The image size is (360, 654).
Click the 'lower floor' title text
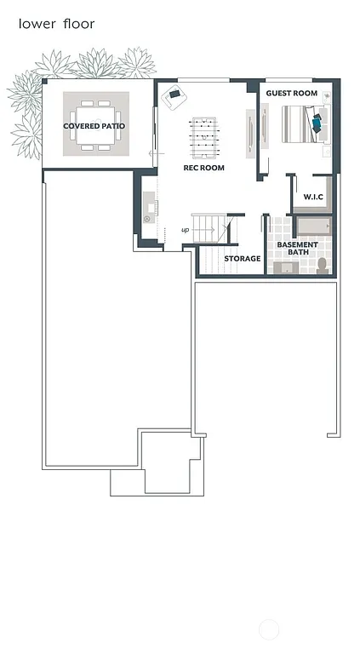pos(57,24)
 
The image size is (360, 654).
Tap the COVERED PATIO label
pos(94,126)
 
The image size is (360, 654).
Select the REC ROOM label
pos(204,168)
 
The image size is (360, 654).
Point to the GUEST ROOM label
pos(291,93)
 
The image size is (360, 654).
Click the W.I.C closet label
pos(313,198)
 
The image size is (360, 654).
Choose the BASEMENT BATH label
pos(297,249)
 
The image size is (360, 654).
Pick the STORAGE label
pos(243,258)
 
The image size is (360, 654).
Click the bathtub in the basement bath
pos(311,227)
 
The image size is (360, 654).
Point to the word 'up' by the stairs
pos(185,230)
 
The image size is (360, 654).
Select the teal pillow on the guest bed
pos(317,123)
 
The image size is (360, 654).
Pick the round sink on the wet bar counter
pos(146,219)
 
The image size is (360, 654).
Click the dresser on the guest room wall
pos(265,125)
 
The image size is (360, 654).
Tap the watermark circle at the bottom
pos(269,630)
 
